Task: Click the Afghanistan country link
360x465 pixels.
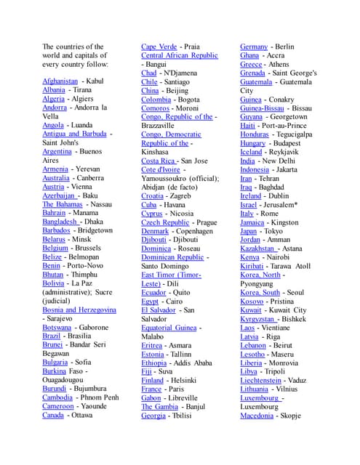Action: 60,81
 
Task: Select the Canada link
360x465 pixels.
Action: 53,416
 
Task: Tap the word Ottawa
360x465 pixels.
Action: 82,416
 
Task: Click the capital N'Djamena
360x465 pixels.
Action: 180,73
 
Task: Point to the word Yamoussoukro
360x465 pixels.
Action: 168,179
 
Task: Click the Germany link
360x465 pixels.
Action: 254,46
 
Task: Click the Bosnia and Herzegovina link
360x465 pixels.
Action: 79,310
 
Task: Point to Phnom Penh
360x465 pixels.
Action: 100,398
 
